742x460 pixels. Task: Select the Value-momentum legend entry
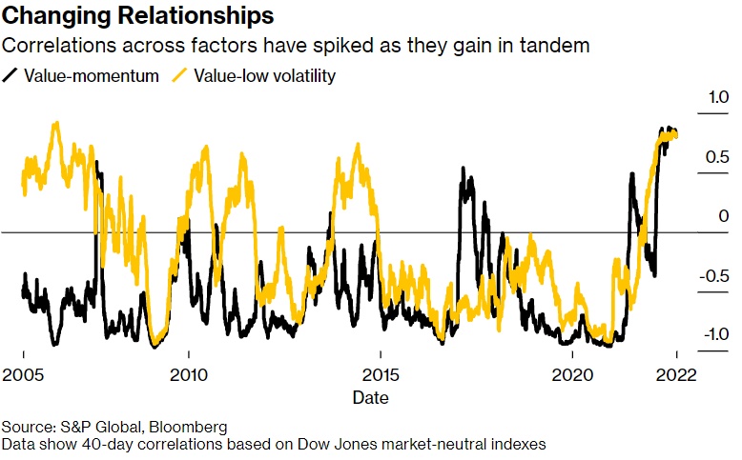pos(93,76)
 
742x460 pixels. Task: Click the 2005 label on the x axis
pos(23,374)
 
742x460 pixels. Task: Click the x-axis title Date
pos(369,396)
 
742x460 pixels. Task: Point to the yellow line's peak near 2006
pos(56,123)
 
